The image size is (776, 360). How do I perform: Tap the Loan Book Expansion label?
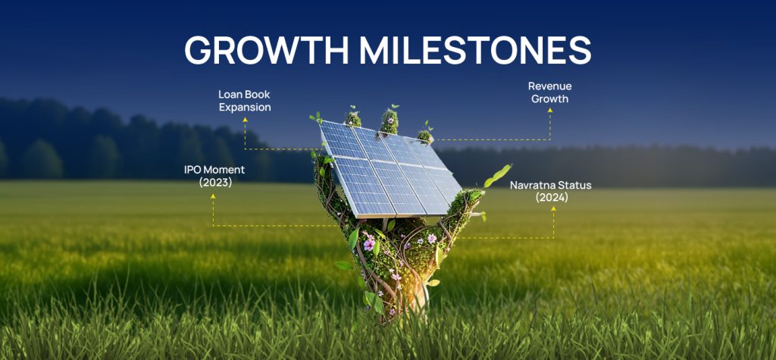[x=244, y=101]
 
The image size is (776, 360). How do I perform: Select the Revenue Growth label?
[x=549, y=92]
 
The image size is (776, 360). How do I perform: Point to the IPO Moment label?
[x=214, y=176]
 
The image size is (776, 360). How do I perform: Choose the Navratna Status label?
[x=552, y=191]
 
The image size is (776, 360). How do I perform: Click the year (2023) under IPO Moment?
[x=214, y=183]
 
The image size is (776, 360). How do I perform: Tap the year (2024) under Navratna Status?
[x=552, y=198]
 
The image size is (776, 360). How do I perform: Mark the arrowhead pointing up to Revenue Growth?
[x=550, y=111]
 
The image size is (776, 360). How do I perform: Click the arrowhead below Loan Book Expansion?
[x=245, y=120]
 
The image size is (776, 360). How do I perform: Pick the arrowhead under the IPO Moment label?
[x=214, y=196]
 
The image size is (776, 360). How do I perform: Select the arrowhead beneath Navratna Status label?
[x=552, y=210]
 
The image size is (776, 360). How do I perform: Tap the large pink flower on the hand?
[x=369, y=245]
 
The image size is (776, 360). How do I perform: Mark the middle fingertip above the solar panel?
[x=389, y=120]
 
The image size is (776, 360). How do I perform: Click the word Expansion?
[x=245, y=108]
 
